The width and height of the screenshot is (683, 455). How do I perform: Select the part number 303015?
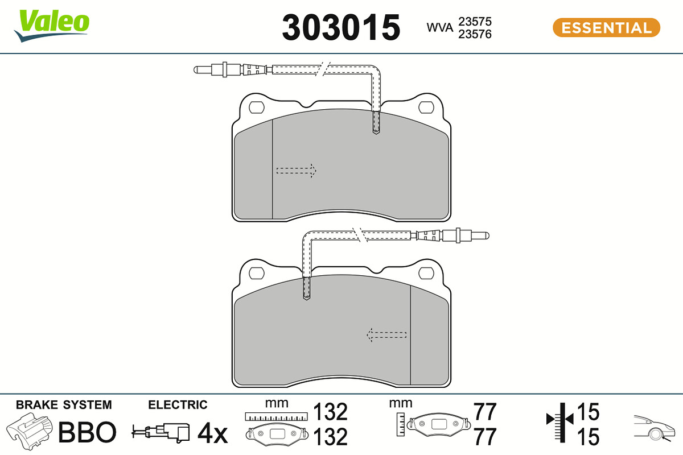(341, 27)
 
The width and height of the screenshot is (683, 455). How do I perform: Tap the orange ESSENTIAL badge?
(606, 28)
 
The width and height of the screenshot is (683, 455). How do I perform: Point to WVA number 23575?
(475, 22)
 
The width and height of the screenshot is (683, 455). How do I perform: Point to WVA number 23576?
(475, 34)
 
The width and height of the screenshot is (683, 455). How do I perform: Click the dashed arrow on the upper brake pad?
(296, 171)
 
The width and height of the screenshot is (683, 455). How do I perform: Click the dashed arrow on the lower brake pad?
(386, 335)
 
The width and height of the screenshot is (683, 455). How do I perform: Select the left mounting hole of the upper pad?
(257, 107)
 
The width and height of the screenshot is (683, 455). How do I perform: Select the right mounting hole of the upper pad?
(426, 107)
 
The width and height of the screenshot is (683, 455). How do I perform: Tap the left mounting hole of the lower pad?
(257, 274)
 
